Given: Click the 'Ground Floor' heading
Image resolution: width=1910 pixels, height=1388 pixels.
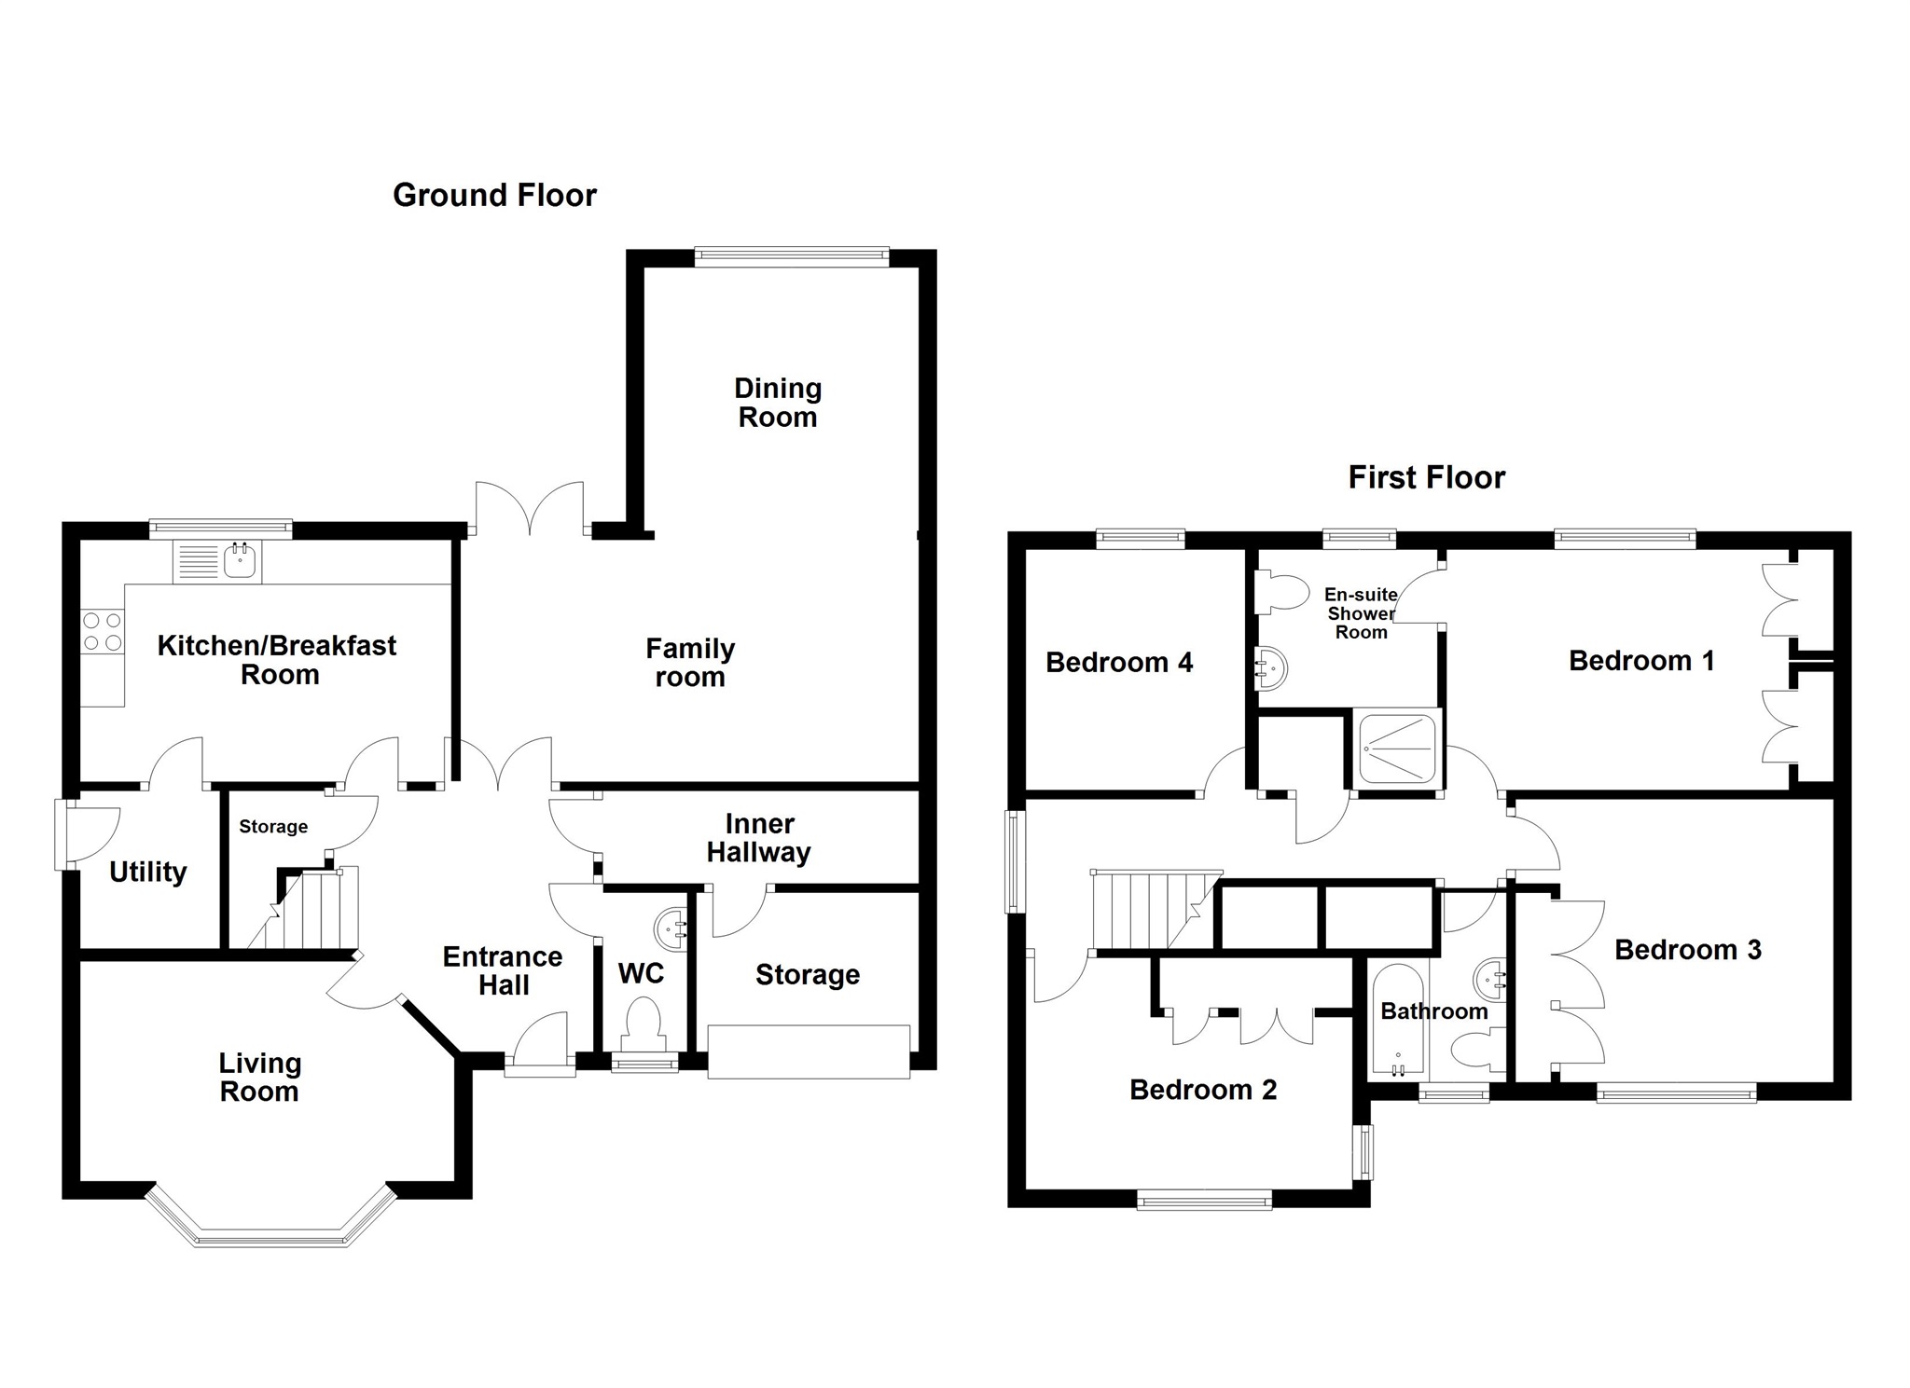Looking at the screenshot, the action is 494,195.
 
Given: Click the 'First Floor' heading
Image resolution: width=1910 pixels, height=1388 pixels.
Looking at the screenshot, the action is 1426,477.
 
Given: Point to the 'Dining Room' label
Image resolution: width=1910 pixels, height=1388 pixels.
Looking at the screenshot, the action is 778,403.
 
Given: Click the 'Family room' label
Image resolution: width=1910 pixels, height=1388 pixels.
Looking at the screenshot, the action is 690,662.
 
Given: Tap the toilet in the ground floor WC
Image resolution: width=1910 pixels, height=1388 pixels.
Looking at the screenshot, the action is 643,1020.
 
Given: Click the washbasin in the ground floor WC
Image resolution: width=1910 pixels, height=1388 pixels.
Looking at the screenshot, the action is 672,928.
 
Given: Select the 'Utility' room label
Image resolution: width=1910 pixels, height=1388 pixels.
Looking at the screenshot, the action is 148,872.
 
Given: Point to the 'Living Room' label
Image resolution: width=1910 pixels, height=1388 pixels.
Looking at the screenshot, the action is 259,1077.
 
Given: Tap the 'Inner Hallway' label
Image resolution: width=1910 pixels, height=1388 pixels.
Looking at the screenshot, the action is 759,838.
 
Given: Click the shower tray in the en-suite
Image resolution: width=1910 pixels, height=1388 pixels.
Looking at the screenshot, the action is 1396,748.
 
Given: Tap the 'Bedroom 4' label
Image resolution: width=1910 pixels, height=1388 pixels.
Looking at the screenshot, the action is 1119,663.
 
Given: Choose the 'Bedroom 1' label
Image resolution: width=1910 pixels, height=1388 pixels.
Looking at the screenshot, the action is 1641,661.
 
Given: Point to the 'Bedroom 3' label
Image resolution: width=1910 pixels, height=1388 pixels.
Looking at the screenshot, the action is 1688,950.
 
